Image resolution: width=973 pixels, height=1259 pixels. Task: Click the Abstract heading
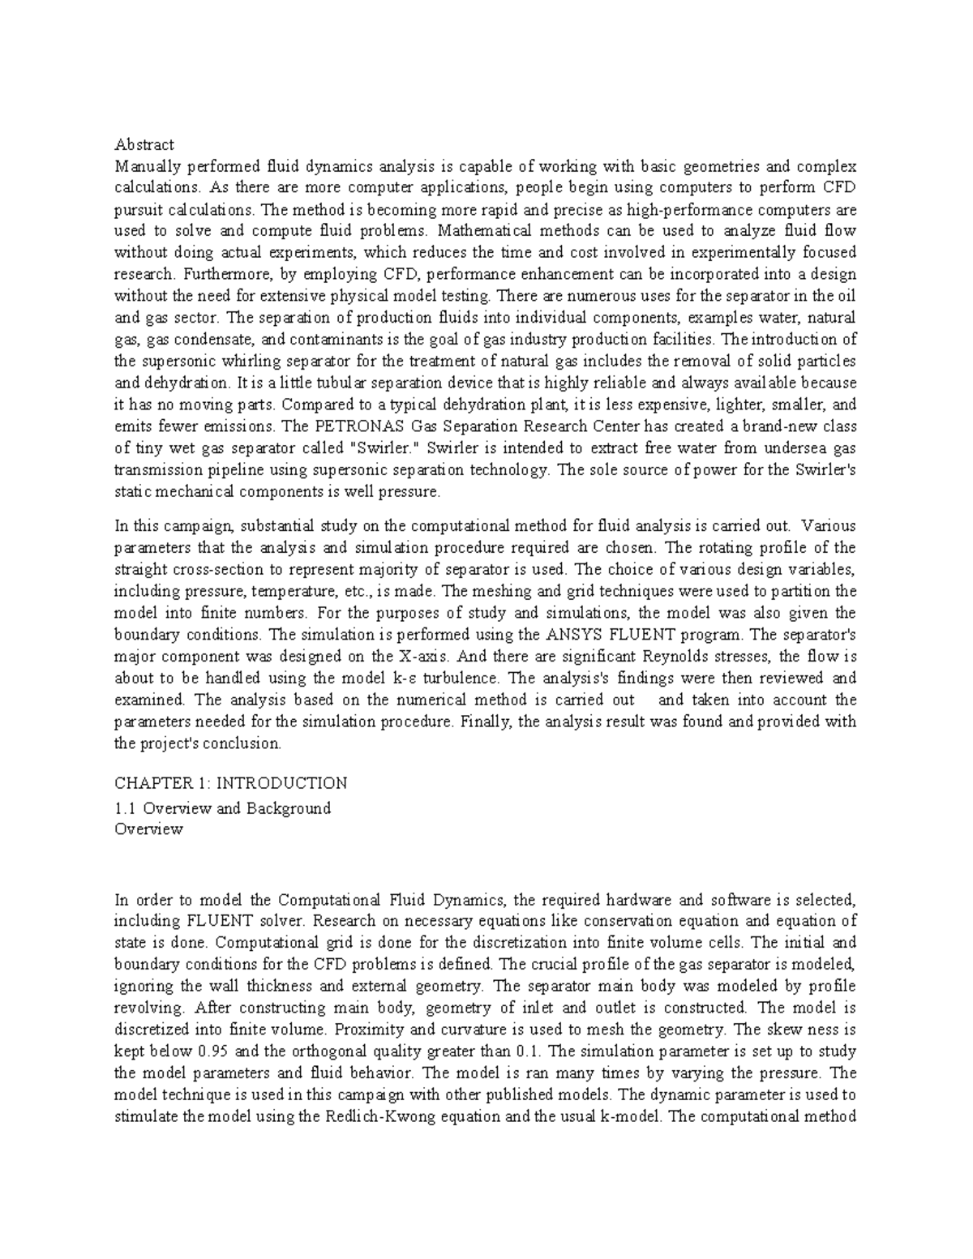144,145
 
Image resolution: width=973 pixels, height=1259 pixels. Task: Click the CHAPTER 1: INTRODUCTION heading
231,783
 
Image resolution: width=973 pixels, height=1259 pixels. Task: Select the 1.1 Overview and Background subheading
223,808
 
